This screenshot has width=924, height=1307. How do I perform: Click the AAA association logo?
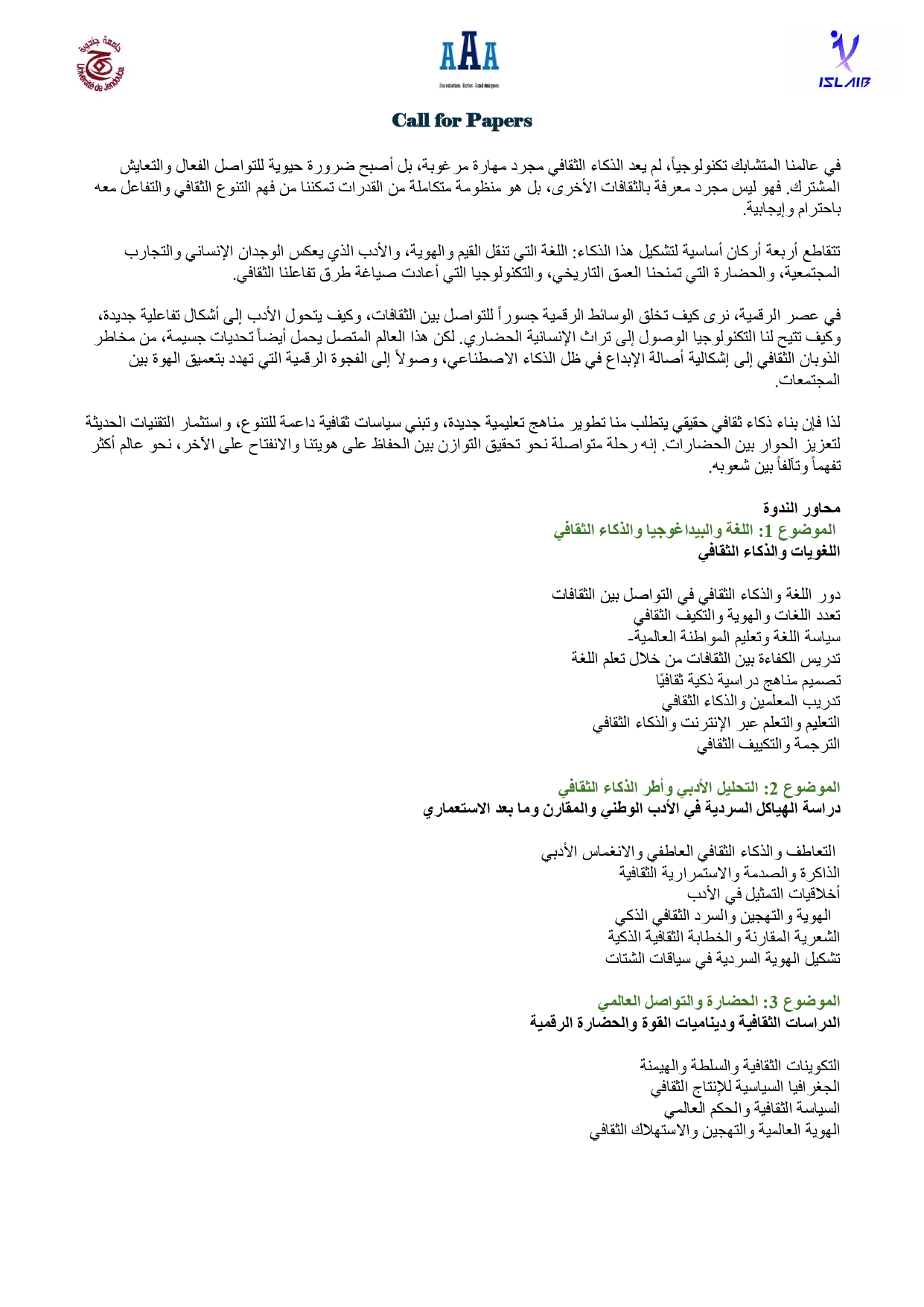pyautogui.click(x=469, y=59)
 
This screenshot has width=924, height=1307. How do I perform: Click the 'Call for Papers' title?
pyautogui.click(x=462, y=121)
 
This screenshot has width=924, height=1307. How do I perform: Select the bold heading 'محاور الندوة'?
pyautogui.click(x=801, y=509)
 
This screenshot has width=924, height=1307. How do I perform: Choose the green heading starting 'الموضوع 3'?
pyautogui.click(x=719, y=1001)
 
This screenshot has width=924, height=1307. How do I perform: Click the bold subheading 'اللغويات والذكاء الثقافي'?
pyautogui.click(x=768, y=552)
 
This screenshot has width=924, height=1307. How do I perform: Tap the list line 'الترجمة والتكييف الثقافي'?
pyautogui.click(x=768, y=744)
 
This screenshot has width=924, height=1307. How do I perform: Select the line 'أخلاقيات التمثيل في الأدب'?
pyautogui.click(x=763, y=894)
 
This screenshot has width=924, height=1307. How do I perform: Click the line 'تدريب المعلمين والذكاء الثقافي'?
pyautogui.click(x=751, y=702)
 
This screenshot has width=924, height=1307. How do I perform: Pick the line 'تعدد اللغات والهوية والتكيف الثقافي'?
pyautogui.click(x=736, y=616)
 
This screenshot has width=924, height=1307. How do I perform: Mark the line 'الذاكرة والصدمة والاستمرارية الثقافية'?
pyautogui.click(x=729, y=872)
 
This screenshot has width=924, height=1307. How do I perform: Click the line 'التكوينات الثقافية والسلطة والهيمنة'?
pyautogui.click(x=739, y=1066)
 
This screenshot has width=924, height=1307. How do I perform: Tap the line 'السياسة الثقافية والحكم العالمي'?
pyautogui.click(x=751, y=1108)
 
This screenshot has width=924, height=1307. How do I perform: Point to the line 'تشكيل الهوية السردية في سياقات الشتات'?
pyautogui.click(x=722, y=958)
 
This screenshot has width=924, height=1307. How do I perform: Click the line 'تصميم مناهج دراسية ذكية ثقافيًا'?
pyautogui.click(x=748, y=680)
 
